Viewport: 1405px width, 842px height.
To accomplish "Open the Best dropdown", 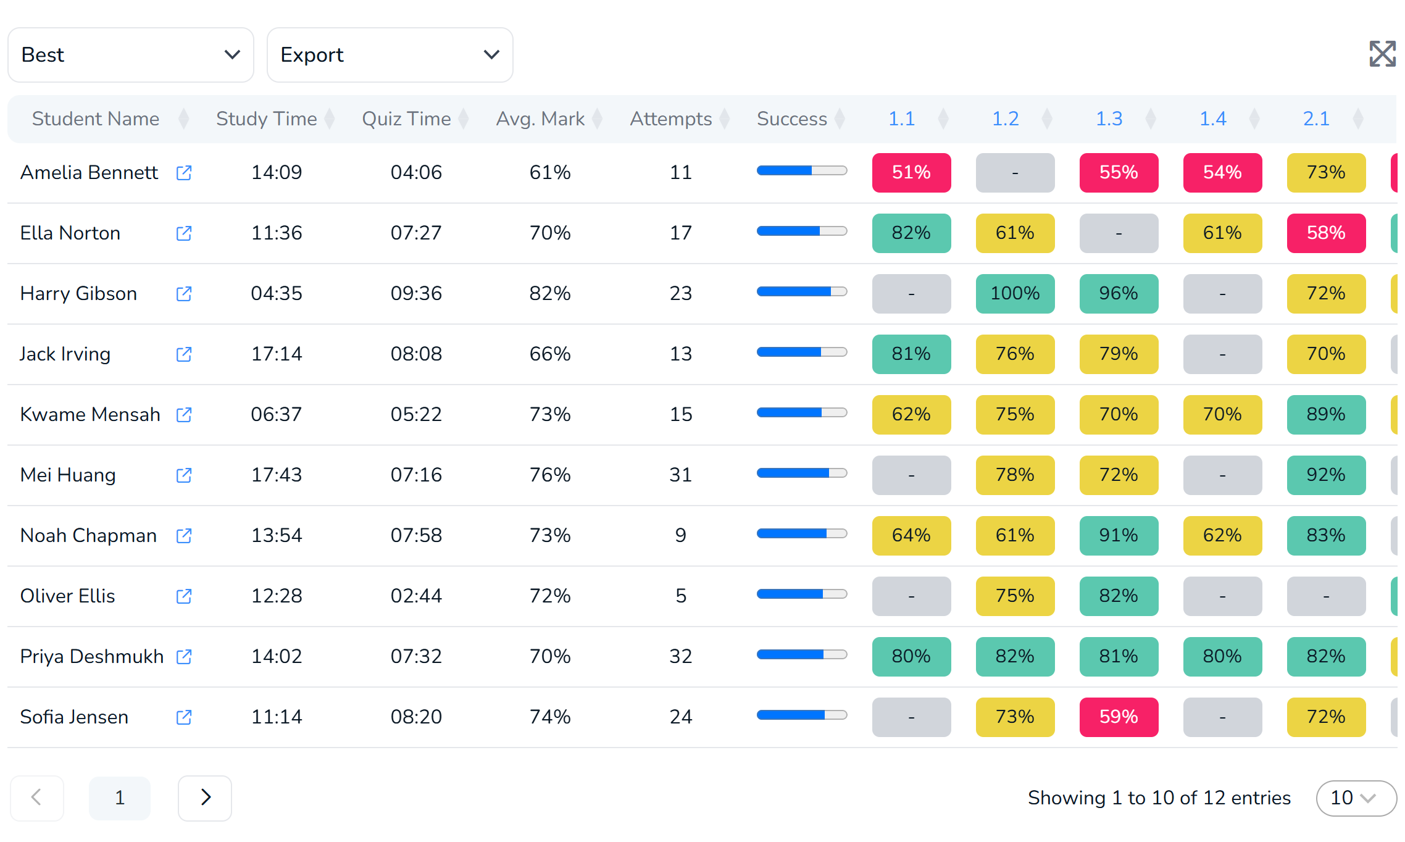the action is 131,55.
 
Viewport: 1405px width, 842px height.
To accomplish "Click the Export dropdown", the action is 390,55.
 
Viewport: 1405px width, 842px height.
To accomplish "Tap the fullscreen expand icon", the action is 1382,54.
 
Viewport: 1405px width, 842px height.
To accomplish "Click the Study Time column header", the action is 267,119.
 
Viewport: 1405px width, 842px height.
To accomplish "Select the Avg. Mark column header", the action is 540,119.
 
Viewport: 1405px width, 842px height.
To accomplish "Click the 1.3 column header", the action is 1109,119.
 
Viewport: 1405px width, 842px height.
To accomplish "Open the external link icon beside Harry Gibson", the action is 184,294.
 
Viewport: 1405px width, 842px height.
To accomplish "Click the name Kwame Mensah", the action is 90,414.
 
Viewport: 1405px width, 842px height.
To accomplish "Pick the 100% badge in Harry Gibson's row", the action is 1015,294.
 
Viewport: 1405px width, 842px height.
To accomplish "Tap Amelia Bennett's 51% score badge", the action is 911,173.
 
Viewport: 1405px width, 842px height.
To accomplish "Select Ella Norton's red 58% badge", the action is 1326,233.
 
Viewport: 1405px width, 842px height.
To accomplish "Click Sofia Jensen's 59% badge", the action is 1119,717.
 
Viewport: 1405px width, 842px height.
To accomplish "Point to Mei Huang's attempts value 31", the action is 681,475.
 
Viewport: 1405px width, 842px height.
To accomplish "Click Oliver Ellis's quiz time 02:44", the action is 416,596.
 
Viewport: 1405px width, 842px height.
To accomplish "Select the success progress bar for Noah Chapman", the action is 802,533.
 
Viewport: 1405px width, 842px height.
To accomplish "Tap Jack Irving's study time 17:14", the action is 277,354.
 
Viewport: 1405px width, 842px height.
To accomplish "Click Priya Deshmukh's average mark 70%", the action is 550,656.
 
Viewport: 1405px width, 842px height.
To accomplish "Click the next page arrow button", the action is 205,798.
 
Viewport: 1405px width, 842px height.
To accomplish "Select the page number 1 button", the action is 120,798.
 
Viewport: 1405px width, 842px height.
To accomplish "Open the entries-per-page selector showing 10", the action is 1356,798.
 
